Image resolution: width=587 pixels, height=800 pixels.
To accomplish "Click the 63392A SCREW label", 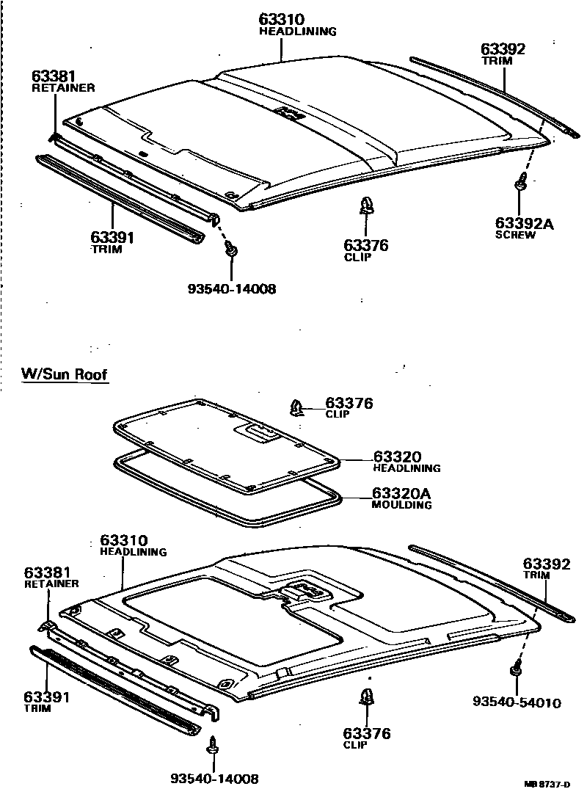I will pos(524,228).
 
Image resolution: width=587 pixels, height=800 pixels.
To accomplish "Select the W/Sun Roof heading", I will pos(65,375).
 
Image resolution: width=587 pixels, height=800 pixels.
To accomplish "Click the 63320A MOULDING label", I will pos(401,498).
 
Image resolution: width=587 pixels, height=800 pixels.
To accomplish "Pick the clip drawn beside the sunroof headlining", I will pos(298,407).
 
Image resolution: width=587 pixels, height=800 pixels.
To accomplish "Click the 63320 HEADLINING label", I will pos(406,461).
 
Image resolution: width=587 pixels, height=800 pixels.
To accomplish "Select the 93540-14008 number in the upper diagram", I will pos(232,289).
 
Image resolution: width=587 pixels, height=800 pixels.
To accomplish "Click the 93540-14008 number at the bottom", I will pos(214,779).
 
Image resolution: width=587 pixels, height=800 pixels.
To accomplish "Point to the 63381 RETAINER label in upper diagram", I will pos(63,81).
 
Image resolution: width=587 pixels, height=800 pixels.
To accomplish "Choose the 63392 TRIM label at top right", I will pos(503,54).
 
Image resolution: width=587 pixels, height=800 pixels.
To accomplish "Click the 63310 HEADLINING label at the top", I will pos(296,24).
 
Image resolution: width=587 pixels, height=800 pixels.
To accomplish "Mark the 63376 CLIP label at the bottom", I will pos(366,738).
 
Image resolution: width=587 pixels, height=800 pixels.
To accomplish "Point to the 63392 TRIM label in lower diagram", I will pos(546,569).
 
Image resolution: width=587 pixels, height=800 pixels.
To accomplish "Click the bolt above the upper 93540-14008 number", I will pos(231,250).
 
